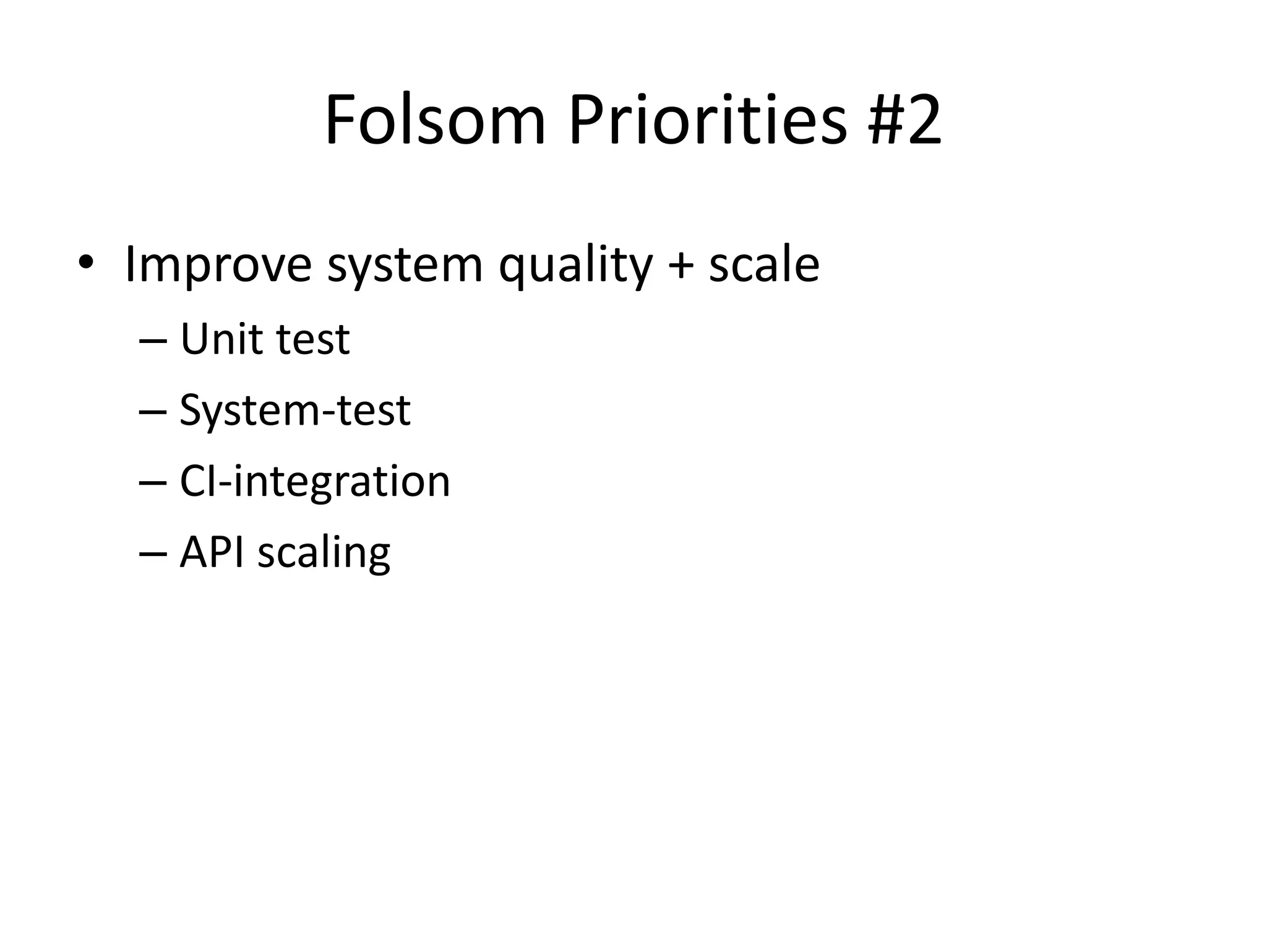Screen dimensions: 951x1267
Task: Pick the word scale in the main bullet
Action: [x=764, y=265]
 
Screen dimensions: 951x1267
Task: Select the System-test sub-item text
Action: [x=294, y=410]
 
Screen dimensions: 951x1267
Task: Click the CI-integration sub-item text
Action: [x=314, y=482]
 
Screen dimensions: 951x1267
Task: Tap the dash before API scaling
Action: [x=153, y=554]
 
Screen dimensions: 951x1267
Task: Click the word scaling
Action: [x=324, y=553]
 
